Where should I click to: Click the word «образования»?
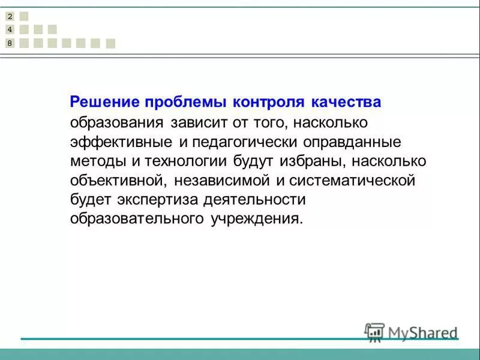tap(117, 123)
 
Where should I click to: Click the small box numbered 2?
tap(10, 16)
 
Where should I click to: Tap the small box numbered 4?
tap(10, 29)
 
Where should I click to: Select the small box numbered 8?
tap(10, 43)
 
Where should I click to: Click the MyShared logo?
tap(411, 332)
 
